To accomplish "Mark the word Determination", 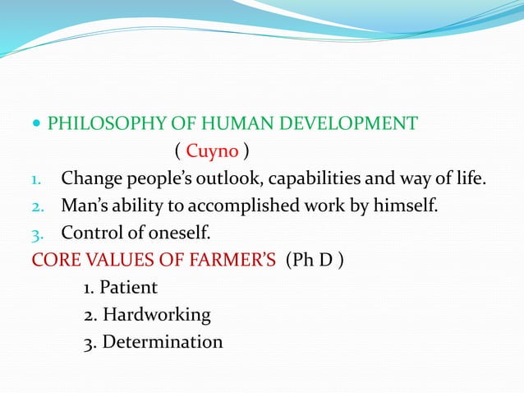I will pyautogui.click(x=163, y=340).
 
